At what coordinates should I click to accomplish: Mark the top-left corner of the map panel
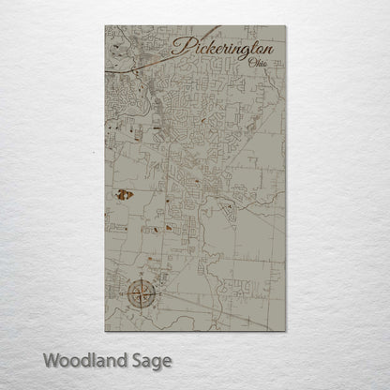pyautogui.click(x=104, y=27)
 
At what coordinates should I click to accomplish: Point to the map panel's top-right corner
pyautogui.click(x=286, y=27)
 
